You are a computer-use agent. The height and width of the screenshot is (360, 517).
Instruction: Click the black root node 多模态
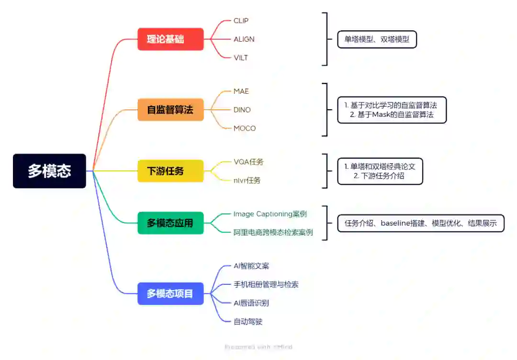[x=49, y=171]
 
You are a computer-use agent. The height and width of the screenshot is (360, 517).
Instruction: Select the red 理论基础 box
[x=170, y=39]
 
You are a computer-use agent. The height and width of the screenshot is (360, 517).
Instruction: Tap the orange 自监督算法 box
[x=170, y=110]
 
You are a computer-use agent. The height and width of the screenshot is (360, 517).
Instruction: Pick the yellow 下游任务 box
[x=170, y=171]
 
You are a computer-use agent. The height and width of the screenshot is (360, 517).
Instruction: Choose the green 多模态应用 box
[x=170, y=223]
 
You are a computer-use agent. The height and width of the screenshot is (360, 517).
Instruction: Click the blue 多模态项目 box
[x=170, y=293]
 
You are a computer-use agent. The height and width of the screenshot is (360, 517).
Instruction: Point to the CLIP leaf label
[x=241, y=21]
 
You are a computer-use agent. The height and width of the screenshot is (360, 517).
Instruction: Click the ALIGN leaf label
[x=244, y=39]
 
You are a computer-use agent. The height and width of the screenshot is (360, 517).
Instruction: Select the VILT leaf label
[x=240, y=58]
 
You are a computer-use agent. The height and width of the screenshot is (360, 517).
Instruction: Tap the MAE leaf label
[x=241, y=91]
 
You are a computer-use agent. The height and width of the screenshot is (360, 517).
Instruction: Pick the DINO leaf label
[x=242, y=110]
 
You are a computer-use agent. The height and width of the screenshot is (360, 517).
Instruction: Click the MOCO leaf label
[x=245, y=128]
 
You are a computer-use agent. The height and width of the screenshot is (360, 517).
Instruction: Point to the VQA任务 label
[x=248, y=162]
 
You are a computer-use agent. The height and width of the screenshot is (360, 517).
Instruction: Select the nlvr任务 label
[x=247, y=180]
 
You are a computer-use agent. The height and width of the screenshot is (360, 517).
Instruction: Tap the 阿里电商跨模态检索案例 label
[x=273, y=233]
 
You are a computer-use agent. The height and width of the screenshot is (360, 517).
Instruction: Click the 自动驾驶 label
[x=248, y=322]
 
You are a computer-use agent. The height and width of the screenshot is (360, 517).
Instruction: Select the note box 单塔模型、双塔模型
[x=377, y=39]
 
